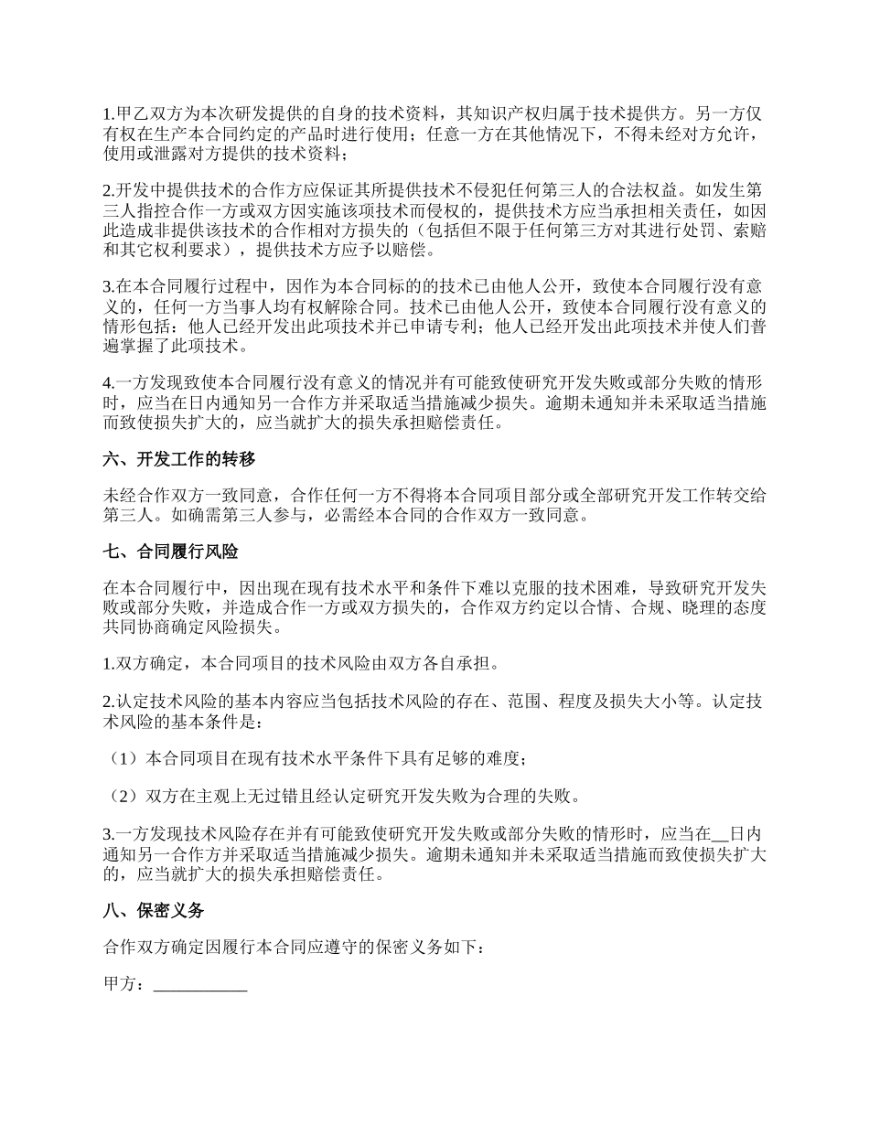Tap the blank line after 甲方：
pos(200,984)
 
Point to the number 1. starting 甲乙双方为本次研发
pos(110,114)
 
